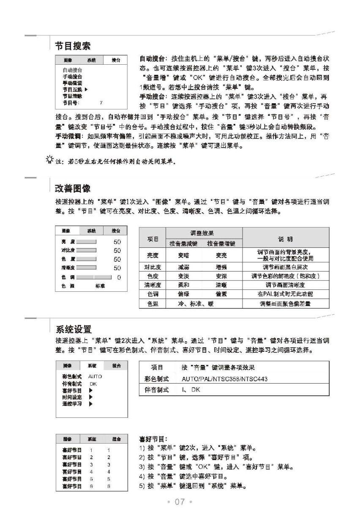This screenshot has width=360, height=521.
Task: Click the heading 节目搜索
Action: click(72, 45)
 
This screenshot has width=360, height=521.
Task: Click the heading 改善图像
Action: click(72, 187)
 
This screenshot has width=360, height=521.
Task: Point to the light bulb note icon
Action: click(50, 160)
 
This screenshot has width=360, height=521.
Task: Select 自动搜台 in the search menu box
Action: click(72, 70)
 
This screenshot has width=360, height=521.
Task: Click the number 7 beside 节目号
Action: click(101, 102)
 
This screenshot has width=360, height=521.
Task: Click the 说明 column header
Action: click(286, 239)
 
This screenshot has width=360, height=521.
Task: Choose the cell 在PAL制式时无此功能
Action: click(286, 293)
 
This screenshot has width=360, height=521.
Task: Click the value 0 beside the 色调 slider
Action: click(119, 277)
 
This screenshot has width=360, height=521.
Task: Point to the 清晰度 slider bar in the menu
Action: click(87, 268)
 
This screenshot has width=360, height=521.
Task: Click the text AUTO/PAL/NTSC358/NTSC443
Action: click(224, 379)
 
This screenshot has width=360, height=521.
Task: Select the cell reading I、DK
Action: click(191, 390)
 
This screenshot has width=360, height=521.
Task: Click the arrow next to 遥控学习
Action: click(91, 404)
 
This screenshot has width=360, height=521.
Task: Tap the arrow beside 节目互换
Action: click(86, 89)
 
